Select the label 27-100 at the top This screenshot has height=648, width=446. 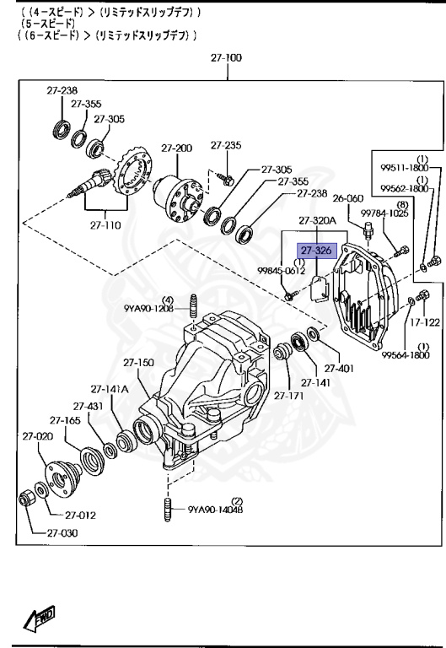(226, 58)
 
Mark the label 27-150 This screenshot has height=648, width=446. (139, 363)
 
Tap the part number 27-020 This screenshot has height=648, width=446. (38, 436)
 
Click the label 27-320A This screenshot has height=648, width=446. (317, 221)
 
